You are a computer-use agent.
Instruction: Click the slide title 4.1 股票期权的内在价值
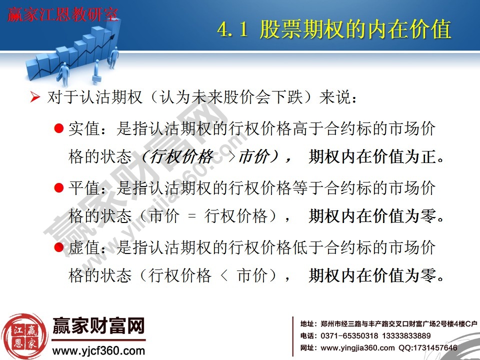[334, 29]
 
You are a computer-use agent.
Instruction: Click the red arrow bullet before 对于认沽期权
[34, 97]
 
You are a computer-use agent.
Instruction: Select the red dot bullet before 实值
[58, 129]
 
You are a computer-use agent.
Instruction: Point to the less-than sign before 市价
[224, 275]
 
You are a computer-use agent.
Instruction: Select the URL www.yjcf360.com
[98, 350]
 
